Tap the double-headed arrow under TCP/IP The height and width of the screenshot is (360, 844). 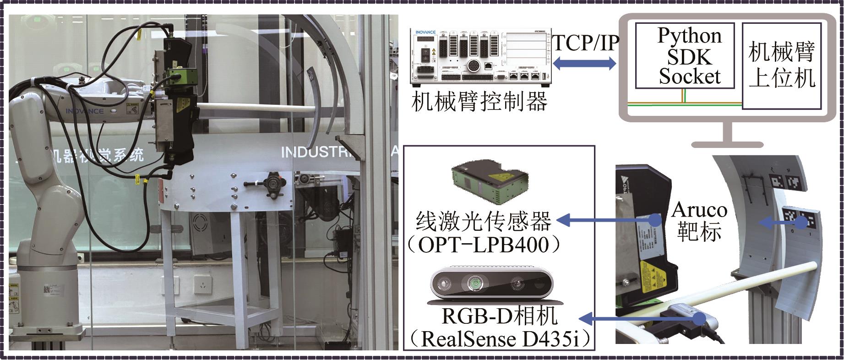click(584, 63)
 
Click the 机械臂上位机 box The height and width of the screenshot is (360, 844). click(782, 66)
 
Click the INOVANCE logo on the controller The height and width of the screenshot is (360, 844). click(425, 33)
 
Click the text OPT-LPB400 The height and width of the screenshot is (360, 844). click(484, 245)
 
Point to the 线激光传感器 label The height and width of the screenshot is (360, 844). click(483, 222)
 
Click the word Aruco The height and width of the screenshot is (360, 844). click(699, 210)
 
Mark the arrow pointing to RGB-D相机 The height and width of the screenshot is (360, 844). click(641, 317)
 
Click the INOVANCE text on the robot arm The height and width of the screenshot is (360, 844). click(84, 111)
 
